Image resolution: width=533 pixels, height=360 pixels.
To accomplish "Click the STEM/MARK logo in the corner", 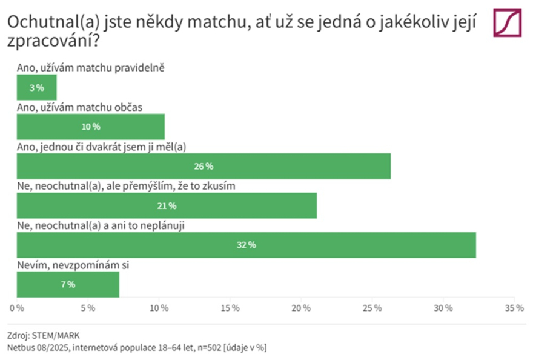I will pos(508,23).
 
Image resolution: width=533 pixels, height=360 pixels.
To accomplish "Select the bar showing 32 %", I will pos(246,245).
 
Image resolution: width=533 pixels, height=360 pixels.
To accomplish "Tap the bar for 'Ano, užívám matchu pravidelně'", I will pos(36,87).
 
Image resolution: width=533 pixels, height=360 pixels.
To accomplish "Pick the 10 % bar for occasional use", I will pos(91,127).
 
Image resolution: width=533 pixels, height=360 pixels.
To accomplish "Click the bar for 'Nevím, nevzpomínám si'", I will pos(68,284).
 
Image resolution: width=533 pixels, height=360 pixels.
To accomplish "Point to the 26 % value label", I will pos(204,167).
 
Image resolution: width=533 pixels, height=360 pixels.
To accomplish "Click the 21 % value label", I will pos(167,206).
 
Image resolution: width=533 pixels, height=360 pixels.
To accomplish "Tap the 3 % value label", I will pos(36,88).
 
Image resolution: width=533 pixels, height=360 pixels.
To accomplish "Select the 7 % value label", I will pos(68,285).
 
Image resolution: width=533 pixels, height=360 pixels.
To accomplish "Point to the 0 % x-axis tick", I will pos(17,307).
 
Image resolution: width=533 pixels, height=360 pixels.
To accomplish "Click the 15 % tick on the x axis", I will pos(230,307).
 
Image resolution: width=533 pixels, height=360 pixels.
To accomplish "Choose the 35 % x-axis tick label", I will pos(514,307).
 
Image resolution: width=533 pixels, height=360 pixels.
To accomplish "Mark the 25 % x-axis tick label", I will pos(372,307).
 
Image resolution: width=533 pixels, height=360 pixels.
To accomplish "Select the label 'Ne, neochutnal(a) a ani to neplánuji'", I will pos(100,225).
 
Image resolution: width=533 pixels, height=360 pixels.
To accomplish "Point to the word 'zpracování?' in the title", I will pos(53,44).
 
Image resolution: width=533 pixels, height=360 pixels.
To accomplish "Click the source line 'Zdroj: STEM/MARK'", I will pos(44,335).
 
